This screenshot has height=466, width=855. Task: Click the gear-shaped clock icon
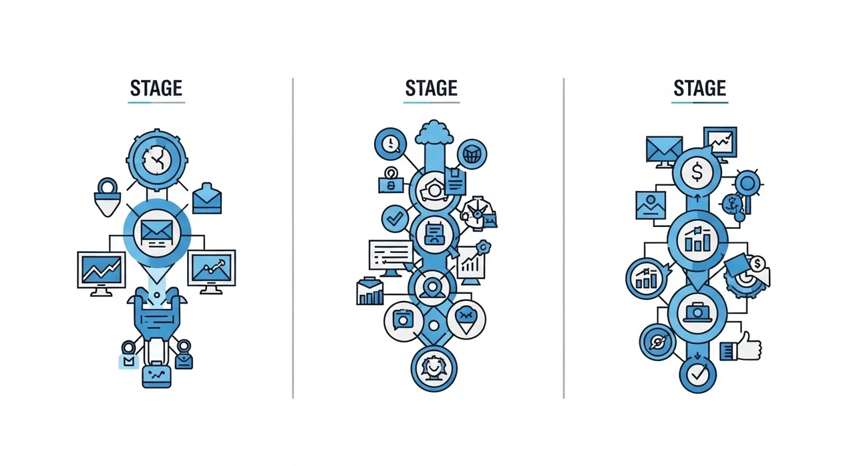pos(157,160)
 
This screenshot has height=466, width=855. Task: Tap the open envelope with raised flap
pos(207,199)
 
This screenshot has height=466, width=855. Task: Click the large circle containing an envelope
pos(157,232)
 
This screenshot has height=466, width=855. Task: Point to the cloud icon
pos(434,132)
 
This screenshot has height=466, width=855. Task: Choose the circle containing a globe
pos(472,154)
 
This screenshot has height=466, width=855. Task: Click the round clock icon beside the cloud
pos(391,144)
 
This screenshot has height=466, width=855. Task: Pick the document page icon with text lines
pos(455,182)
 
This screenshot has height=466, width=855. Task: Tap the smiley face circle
pos(434,369)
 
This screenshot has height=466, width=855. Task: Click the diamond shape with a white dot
pos(434,326)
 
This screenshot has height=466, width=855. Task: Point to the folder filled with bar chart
pos(370,291)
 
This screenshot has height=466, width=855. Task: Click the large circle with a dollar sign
pos(697,172)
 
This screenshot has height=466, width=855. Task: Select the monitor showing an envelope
pos(664,152)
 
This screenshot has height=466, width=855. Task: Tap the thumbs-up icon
pos(741,346)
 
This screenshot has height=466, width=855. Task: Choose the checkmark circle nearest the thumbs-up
pos(698,375)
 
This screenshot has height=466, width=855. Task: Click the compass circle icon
pos(658,342)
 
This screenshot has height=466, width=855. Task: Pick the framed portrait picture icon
pos(651,205)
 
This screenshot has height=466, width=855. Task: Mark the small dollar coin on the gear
pos(757,264)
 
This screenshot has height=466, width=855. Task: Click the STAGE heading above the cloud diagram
pos(432,89)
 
